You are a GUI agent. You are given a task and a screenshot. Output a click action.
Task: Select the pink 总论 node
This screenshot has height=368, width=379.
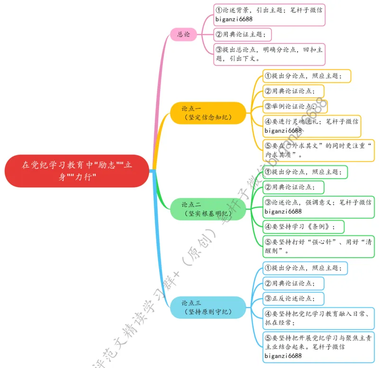(184, 34)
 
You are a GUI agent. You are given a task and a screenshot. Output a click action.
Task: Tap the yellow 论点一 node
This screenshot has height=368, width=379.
(208, 113)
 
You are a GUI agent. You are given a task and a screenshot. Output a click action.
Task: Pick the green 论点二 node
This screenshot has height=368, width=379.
(208, 209)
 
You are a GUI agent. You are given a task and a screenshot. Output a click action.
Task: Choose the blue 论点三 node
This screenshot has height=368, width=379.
(208, 307)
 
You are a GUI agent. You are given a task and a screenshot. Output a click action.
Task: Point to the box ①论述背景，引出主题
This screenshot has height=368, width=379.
(270, 15)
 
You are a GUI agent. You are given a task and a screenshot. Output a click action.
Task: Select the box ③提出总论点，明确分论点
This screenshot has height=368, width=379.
(270, 54)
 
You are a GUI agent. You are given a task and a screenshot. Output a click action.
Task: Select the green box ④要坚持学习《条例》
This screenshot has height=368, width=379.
(303, 226)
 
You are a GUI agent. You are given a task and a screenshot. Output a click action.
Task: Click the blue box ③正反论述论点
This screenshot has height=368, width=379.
(294, 299)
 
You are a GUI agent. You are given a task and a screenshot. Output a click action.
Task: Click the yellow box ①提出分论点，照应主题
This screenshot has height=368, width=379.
(307, 76)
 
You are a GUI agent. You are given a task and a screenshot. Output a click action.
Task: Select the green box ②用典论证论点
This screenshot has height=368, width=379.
(294, 188)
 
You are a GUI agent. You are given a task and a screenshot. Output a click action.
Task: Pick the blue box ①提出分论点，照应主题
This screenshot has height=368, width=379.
(305, 269)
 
